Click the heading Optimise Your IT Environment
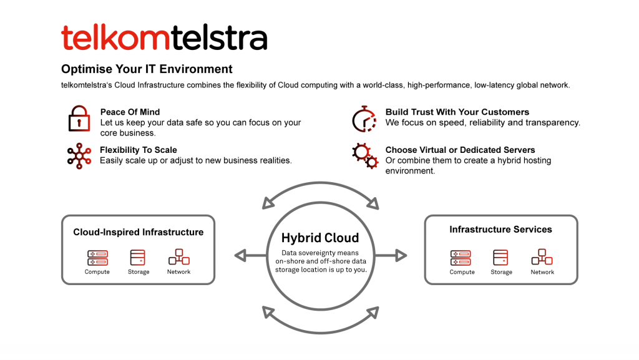[147, 69]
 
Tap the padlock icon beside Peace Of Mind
[79, 119]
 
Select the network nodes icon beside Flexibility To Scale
[79, 155]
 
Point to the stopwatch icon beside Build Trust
[364, 119]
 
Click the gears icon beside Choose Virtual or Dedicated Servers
[364, 155]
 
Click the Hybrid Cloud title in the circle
[320, 238]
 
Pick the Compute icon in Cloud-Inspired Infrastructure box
[97, 257]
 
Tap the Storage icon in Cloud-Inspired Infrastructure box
[138, 257]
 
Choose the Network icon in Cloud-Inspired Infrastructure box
[179, 257]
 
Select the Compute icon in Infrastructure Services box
[461, 257]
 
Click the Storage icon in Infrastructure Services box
[501, 257]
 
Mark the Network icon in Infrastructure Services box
[542, 257]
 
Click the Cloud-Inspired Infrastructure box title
[138, 232]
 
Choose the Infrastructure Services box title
[500, 230]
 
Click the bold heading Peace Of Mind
[130, 112]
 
